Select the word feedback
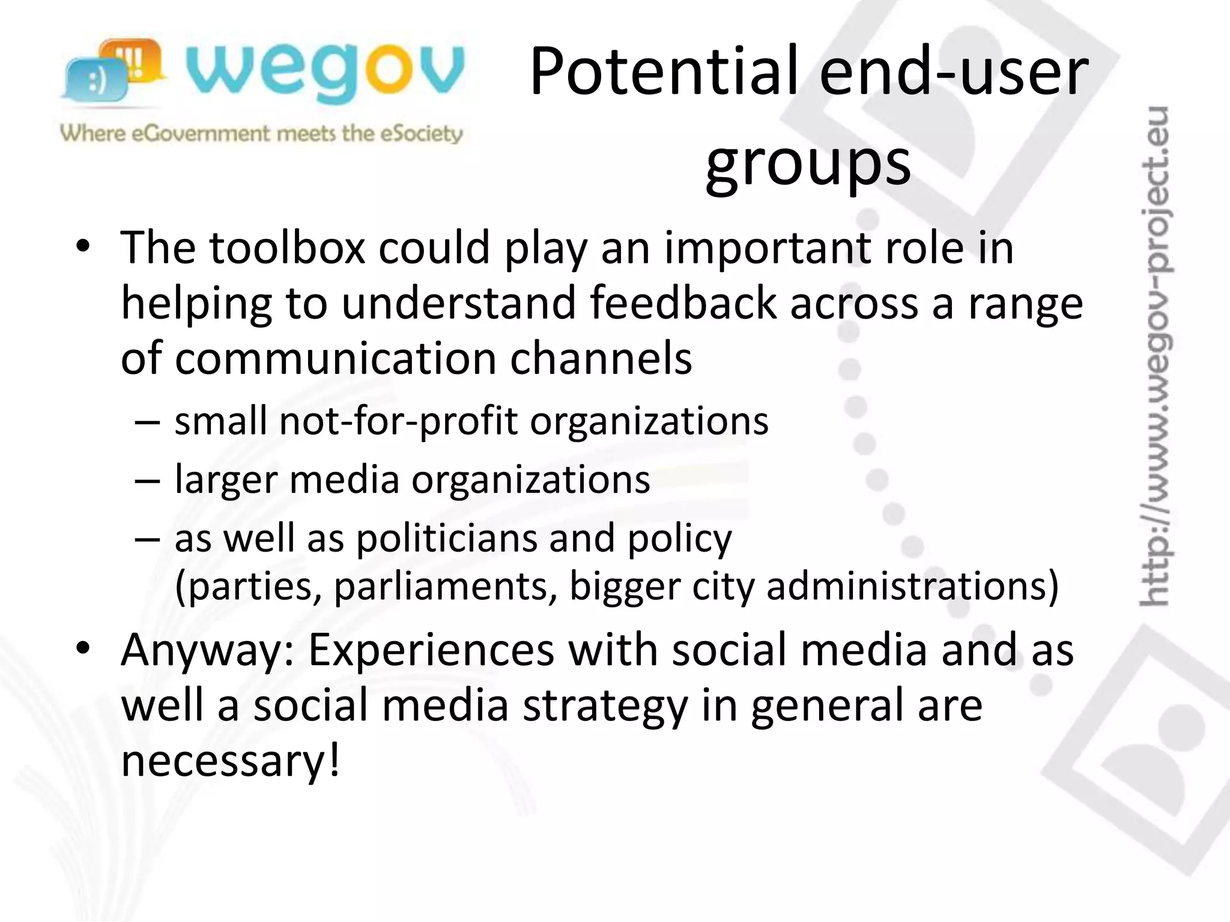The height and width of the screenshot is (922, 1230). pos(683,303)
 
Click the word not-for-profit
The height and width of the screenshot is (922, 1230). pos(398,421)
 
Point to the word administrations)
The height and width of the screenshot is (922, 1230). pos(913,586)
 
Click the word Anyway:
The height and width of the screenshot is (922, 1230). pos(208,651)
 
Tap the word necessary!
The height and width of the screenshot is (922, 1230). pos(231,760)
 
